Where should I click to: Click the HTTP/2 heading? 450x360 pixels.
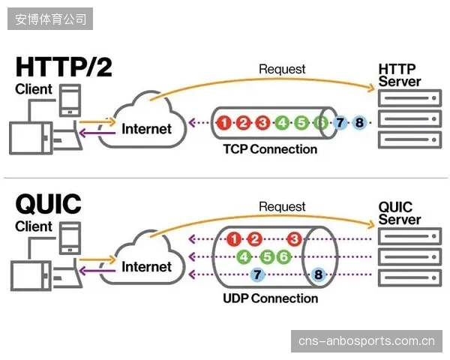pos(64,67)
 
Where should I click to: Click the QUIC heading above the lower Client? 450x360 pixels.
pos(49,203)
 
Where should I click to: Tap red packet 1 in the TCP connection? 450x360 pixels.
pos(224,123)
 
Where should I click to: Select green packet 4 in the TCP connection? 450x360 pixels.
pos(282,123)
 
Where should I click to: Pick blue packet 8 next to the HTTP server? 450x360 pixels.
pos(359,123)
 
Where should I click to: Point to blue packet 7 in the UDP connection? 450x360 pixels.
pos(257,274)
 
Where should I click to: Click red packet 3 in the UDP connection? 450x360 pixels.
pos(294,239)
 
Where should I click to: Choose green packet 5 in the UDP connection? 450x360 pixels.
pos(267,256)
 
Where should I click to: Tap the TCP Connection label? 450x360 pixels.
pos(270,149)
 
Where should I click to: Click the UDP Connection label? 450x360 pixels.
pos(270,298)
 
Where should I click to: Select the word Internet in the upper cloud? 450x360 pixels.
pos(146,129)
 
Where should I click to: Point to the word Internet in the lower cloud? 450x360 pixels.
pos(146,267)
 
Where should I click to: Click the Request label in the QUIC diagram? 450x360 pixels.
pos(282,207)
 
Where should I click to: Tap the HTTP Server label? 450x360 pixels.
pos(399,75)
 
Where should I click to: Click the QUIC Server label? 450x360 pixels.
pos(399,213)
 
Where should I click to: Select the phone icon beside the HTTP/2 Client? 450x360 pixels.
pos(70,100)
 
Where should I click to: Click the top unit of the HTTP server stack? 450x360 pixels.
pos(409,98)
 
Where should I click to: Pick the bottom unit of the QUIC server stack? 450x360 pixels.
pos(409,278)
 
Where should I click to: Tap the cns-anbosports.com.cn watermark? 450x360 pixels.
pos(367,341)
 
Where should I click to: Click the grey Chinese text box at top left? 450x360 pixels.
pos(50,19)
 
